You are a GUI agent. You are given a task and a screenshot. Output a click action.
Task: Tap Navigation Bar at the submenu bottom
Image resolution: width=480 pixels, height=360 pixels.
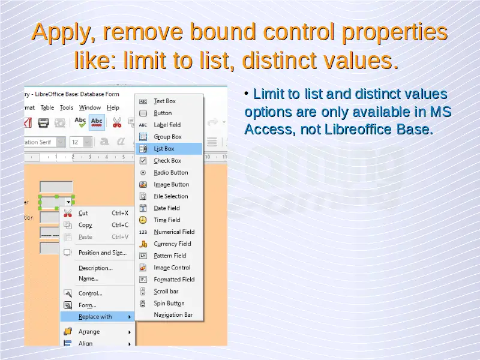click(x=173, y=314)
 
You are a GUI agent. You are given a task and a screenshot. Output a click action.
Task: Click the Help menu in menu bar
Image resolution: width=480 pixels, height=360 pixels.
click(x=113, y=108)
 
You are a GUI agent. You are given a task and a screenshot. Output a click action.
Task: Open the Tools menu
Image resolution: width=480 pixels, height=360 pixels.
click(x=67, y=108)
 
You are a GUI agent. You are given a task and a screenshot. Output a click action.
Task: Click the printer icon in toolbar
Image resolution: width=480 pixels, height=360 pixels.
click(x=43, y=123)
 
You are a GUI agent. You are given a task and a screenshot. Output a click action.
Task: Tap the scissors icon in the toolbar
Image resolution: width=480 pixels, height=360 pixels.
click(x=117, y=122)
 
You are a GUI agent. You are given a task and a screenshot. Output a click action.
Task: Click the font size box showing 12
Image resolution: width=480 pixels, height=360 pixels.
click(x=81, y=142)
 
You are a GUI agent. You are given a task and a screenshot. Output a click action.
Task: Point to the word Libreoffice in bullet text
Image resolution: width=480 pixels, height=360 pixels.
click(x=358, y=129)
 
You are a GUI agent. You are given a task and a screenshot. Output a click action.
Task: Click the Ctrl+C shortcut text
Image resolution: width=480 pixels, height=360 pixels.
click(x=120, y=225)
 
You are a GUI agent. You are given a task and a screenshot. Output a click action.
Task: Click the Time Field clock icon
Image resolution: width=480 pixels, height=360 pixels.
click(x=143, y=220)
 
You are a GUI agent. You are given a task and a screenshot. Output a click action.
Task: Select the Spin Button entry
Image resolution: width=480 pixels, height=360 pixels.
click(x=169, y=304)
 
